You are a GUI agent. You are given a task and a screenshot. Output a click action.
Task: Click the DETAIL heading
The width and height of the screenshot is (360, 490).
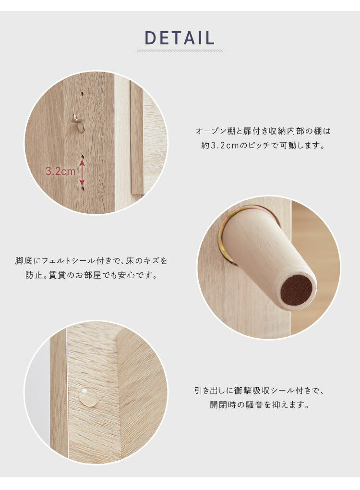(180, 38)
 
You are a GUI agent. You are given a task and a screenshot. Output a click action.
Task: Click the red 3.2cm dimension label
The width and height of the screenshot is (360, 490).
(60, 171)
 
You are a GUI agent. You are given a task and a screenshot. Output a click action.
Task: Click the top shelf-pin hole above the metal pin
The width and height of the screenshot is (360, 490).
(82, 93)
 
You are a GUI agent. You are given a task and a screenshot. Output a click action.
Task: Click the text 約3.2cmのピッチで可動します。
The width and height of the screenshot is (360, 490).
(263, 146)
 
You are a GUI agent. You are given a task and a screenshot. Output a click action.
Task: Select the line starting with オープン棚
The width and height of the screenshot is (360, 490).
(263, 131)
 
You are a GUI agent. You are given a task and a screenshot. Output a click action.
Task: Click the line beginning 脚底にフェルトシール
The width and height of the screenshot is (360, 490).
(91, 261)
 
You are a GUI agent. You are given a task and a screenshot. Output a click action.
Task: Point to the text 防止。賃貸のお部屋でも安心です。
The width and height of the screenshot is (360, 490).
(92, 275)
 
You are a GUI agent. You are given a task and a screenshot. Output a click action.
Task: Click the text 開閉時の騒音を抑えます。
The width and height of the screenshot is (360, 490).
(260, 405)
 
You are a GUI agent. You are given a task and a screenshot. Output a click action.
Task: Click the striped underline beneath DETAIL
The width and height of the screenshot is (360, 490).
(180, 50)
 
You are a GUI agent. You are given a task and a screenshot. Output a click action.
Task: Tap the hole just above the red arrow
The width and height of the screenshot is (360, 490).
(83, 157)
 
